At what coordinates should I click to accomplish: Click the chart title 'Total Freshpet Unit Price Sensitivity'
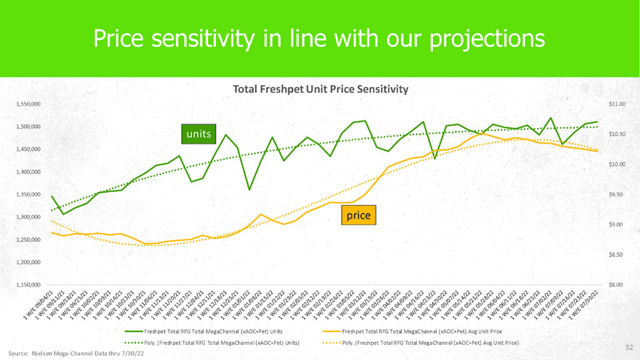[321, 89]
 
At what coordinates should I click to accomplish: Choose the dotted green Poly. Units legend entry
[212, 343]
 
